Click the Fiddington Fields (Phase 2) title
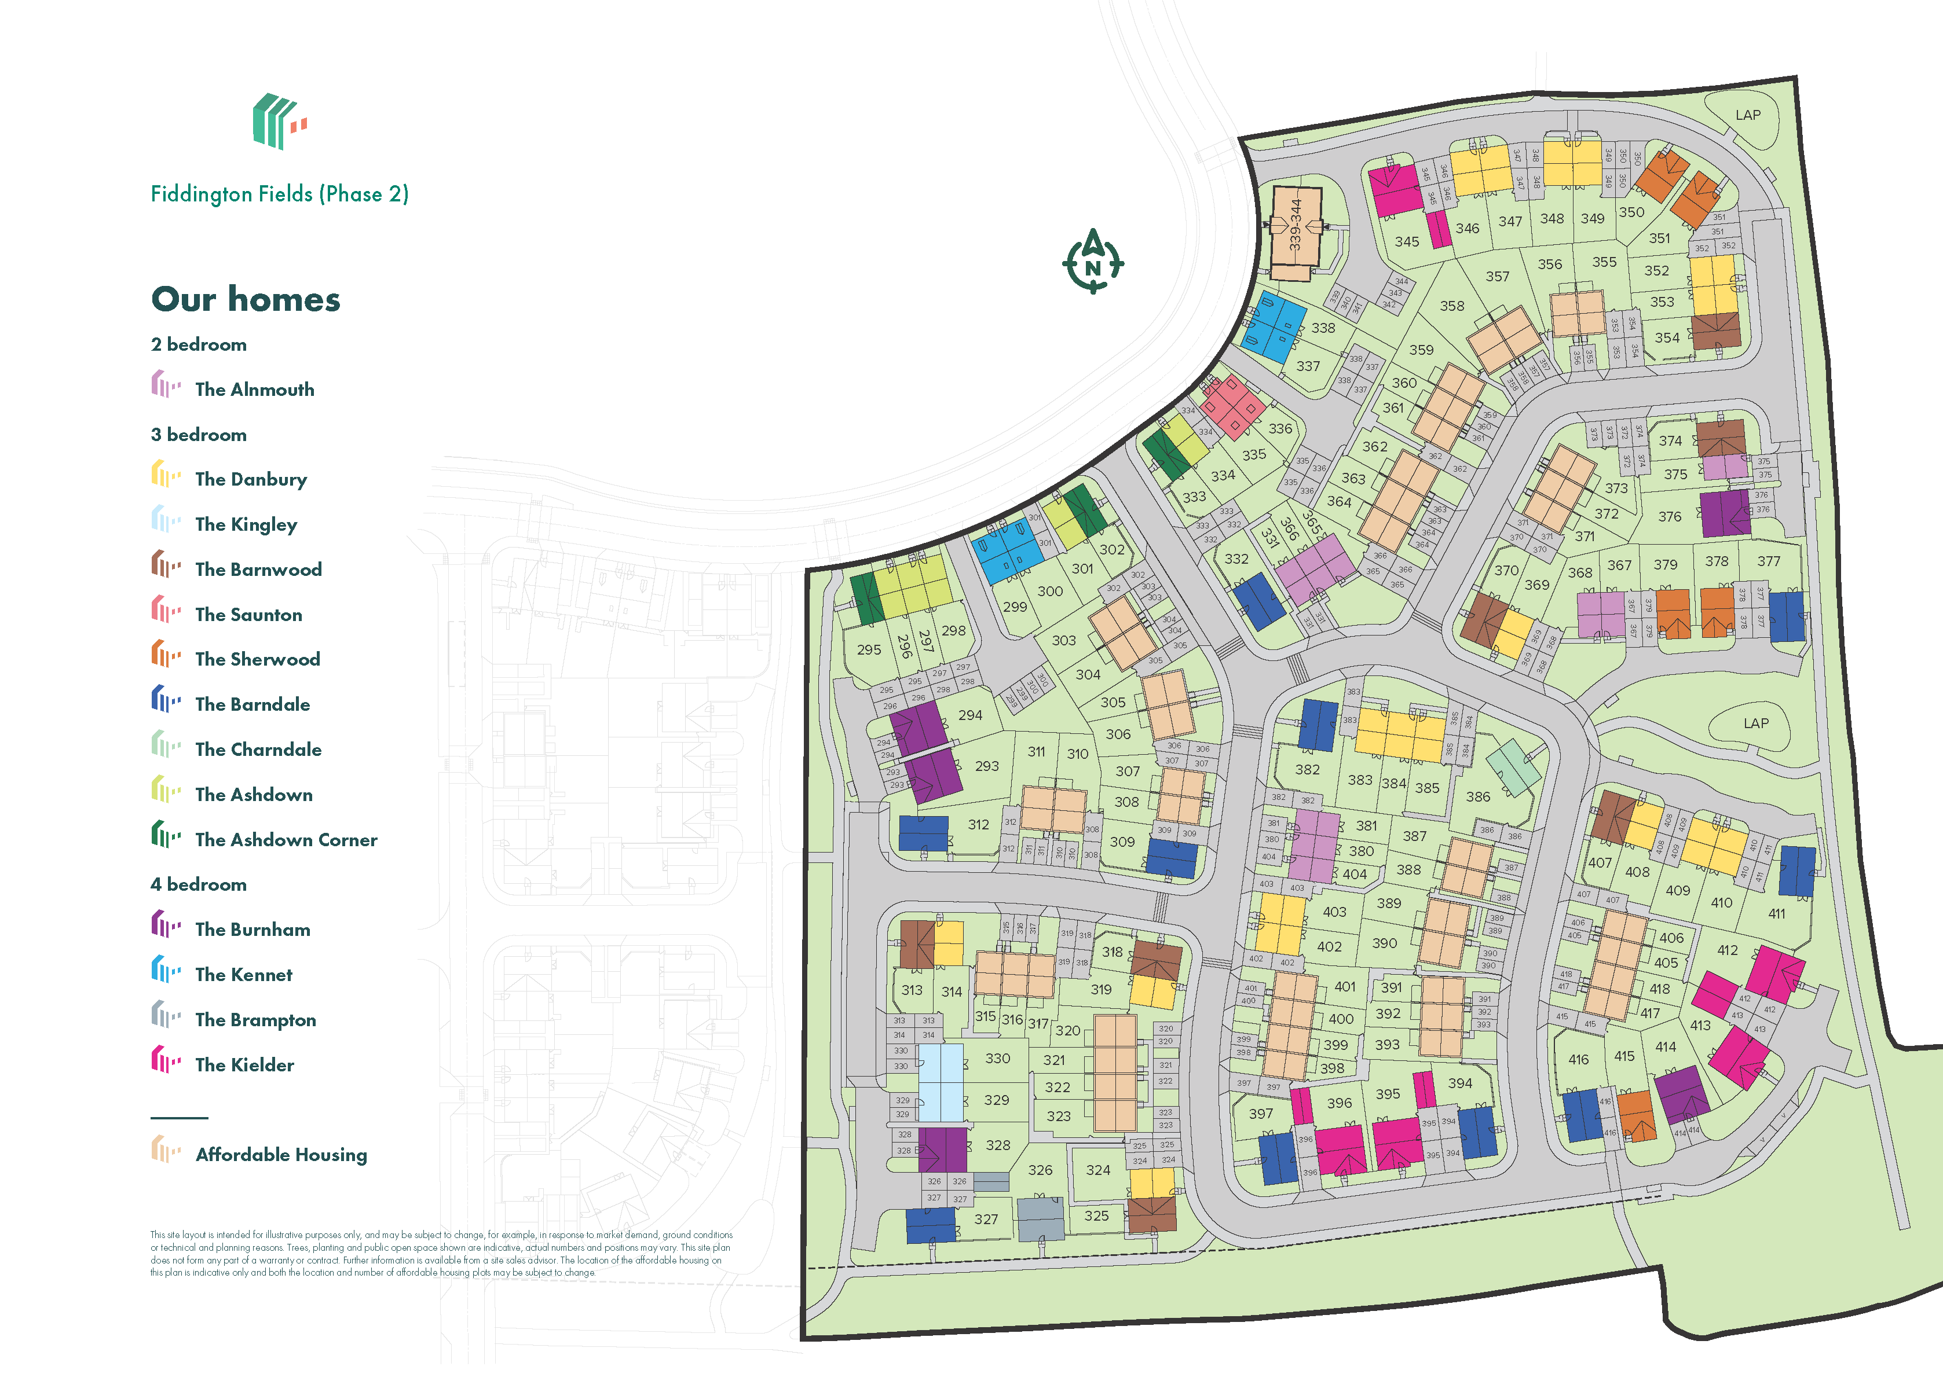click(279, 194)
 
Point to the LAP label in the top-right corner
click(1747, 115)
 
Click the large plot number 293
click(987, 766)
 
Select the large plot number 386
click(1478, 797)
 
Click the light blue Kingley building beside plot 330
click(940, 1082)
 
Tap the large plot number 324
click(1097, 1170)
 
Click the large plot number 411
click(1776, 913)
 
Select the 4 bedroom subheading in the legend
click(198, 884)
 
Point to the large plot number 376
click(1669, 516)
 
